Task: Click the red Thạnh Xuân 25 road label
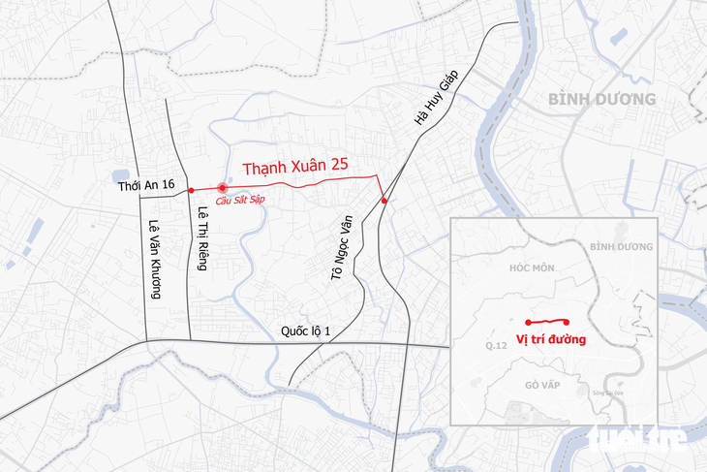coord(295,166)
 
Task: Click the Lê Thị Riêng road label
coord(203,238)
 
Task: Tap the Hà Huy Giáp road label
coord(435,100)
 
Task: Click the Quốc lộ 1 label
coord(306,331)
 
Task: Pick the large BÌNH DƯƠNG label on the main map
coord(600,100)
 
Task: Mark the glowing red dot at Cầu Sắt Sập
coord(222,188)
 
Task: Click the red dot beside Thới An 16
coord(192,189)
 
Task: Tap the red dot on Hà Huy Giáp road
coord(384,201)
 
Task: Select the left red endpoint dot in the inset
coord(527,322)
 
